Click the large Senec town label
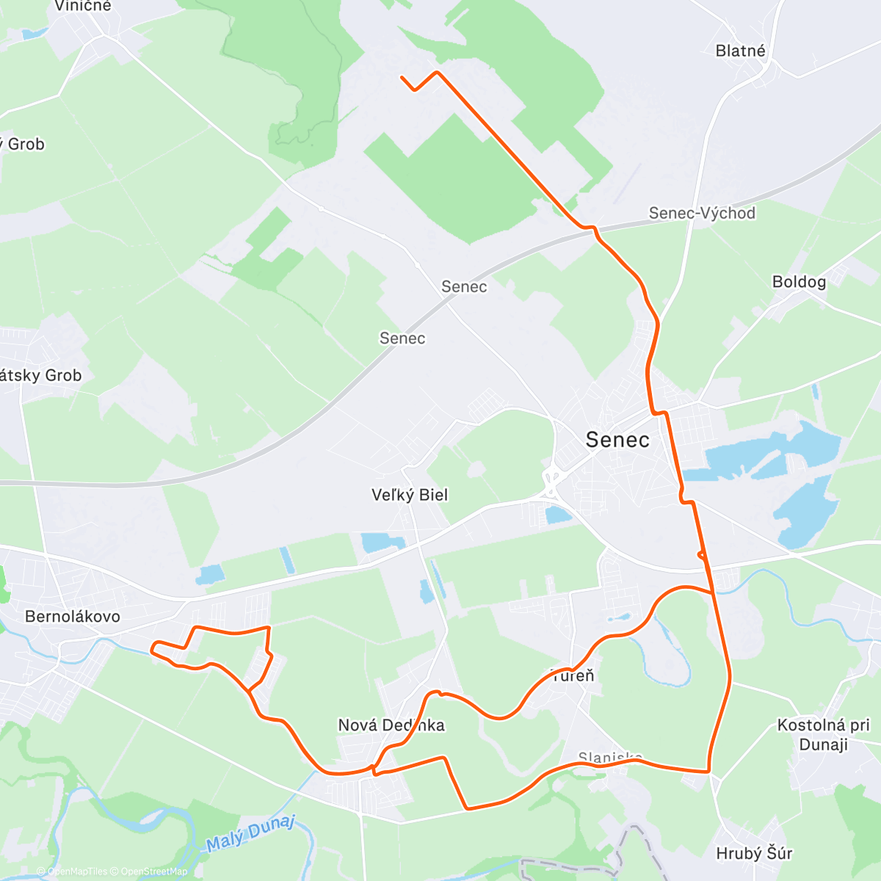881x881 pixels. point(617,440)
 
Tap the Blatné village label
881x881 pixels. point(740,51)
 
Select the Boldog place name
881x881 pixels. point(799,282)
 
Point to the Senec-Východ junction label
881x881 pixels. point(702,213)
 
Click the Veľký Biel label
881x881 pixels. point(410,495)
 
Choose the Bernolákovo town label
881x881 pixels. point(72,616)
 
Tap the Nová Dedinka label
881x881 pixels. point(391,725)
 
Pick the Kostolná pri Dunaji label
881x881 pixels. point(823,734)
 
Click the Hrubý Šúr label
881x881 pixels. point(754,853)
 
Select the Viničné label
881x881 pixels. point(83,6)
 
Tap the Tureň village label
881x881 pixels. point(573,675)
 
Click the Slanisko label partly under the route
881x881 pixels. point(610,757)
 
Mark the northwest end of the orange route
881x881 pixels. point(402,77)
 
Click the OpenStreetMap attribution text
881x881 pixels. point(154,871)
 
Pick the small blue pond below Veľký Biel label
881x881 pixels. point(383,543)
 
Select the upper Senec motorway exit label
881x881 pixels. point(464,286)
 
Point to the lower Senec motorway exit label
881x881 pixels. point(402,338)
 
